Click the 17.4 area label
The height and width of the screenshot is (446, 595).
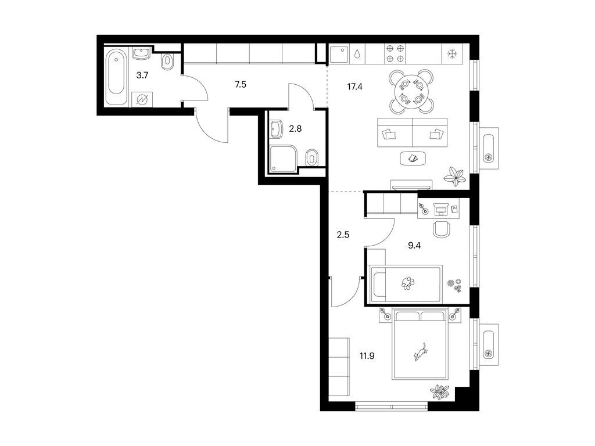click(x=355, y=87)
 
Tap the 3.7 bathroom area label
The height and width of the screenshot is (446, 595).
click(x=142, y=75)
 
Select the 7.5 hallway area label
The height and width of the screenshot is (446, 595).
click(x=241, y=85)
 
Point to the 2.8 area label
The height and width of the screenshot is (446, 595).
click(x=295, y=129)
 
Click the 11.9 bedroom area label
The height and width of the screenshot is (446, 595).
click(x=367, y=356)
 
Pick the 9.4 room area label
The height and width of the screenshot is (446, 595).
click(x=414, y=246)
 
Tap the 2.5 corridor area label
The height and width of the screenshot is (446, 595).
click(x=343, y=235)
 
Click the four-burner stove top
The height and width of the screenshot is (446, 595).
click(x=395, y=53)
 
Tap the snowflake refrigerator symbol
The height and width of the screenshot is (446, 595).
click(x=452, y=53)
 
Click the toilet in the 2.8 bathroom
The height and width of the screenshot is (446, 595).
click(x=311, y=157)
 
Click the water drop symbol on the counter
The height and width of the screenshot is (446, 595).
click(x=357, y=53)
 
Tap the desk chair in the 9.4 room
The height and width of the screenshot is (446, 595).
click(x=442, y=229)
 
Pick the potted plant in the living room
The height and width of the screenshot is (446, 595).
click(x=455, y=176)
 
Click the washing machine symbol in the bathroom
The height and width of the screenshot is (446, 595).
click(x=142, y=100)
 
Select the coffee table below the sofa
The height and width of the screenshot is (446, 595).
click(x=413, y=159)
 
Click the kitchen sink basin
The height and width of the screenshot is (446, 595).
click(x=339, y=54)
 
